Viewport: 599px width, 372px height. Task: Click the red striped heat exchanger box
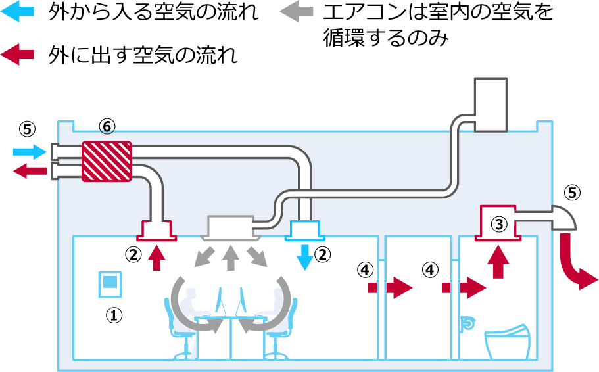pos(107,161)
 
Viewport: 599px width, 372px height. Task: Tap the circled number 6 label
pos(107,126)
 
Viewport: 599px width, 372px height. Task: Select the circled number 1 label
pos(115,315)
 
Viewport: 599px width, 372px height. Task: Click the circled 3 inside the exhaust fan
pos(500,223)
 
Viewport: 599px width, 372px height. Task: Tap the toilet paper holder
pos(467,323)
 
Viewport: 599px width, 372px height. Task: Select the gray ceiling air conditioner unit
pos(230,227)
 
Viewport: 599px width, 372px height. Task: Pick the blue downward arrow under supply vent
pos(304,257)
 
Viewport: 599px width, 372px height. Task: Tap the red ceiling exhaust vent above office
pos(157,230)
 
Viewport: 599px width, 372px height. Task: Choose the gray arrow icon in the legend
pos(299,14)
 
